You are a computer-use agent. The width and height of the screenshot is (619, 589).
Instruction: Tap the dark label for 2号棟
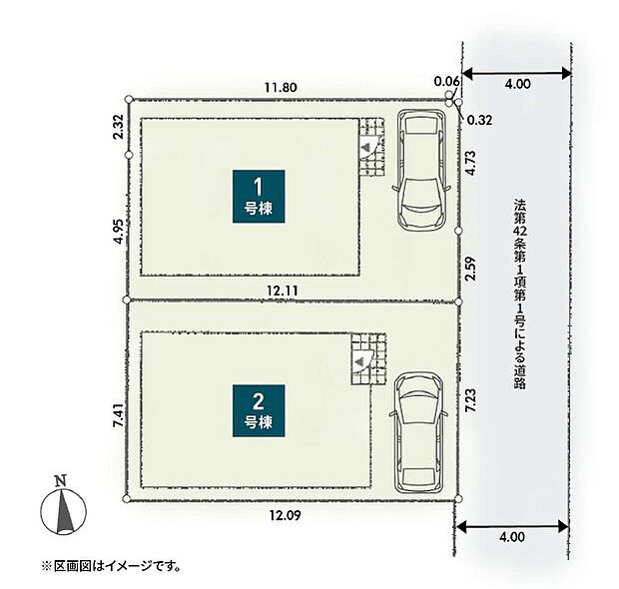(259, 410)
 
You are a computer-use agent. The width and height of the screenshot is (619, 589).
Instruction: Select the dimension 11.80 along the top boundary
(281, 88)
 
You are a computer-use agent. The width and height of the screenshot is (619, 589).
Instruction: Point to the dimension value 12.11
(282, 290)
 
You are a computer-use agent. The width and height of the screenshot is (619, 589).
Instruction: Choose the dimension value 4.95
(118, 232)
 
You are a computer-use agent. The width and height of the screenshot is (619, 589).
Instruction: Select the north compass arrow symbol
(63, 512)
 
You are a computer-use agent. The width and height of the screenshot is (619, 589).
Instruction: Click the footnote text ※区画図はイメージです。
(110, 566)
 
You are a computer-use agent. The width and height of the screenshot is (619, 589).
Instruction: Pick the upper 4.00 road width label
(517, 85)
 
